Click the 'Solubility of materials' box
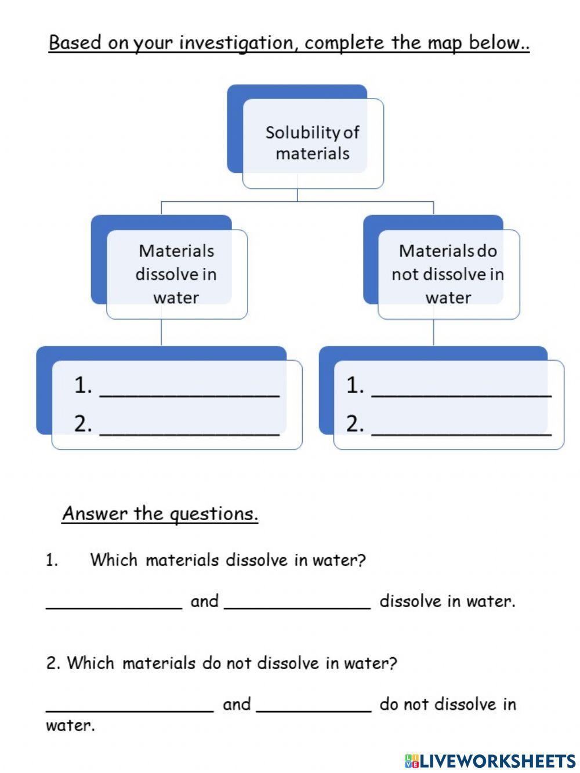(x=312, y=143)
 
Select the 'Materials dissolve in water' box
(x=176, y=274)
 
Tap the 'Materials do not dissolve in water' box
(x=448, y=274)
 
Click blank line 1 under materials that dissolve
(x=190, y=388)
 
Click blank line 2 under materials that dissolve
(x=190, y=426)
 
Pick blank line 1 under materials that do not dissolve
(x=461, y=388)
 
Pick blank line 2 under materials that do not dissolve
(x=461, y=426)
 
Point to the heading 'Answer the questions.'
(x=160, y=514)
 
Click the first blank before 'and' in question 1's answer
(x=114, y=601)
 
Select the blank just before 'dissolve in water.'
(x=297, y=601)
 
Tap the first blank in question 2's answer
(x=130, y=705)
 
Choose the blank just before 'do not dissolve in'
(x=314, y=705)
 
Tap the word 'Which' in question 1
(x=114, y=560)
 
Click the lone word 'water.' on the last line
(x=70, y=726)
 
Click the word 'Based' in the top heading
(x=75, y=43)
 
